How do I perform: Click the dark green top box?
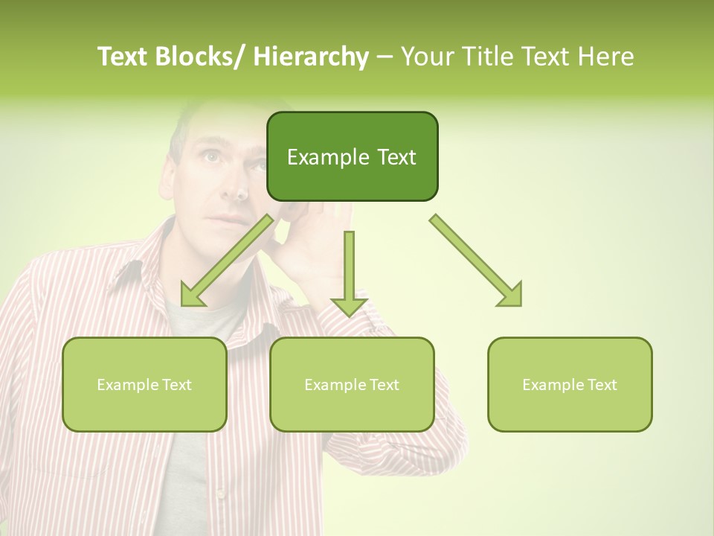[352, 156]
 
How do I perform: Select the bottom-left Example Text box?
[144, 384]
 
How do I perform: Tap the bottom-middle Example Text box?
[352, 384]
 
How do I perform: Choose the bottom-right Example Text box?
[570, 384]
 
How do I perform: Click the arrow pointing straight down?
[349, 275]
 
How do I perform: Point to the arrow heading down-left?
[227, 261]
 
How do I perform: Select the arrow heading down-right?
[476, 261]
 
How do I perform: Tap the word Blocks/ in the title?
[203, 57]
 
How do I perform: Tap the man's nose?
[232, 186]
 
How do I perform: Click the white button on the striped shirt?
[220, 494]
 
